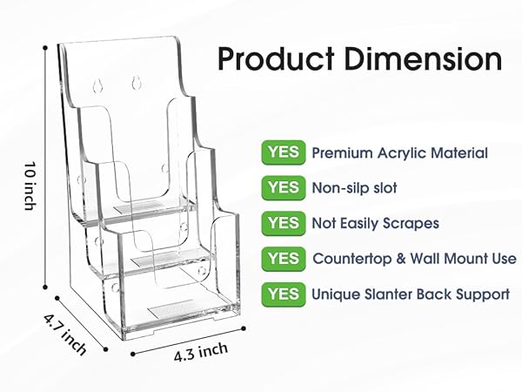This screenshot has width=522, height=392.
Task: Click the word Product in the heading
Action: [x=276, y=58]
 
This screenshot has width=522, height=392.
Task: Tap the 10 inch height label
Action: [x=30, y=186]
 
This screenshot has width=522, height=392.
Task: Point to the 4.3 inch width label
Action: [x=201, y=353]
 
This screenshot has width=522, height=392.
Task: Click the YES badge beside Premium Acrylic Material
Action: [x=284, y=152]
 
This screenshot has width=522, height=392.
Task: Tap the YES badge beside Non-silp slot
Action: [x=284, y=188]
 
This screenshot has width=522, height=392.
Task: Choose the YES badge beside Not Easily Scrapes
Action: [x=284, y=223]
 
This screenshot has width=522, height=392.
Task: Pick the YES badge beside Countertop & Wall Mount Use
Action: [x=284, y=259]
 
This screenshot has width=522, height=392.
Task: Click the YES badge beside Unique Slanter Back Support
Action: [x=284, y=294]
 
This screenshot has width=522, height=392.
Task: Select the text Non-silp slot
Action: [x=355, y=188]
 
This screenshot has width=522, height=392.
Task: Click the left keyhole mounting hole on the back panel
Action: [x=97, y=85]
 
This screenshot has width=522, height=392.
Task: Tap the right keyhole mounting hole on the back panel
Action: [x=136, y=83]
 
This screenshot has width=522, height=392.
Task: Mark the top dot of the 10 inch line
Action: [x=45, y=48]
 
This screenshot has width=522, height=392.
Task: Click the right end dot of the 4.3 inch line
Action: [x=244, y=328]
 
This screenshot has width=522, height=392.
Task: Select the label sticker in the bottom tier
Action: [x=171, y=308]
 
